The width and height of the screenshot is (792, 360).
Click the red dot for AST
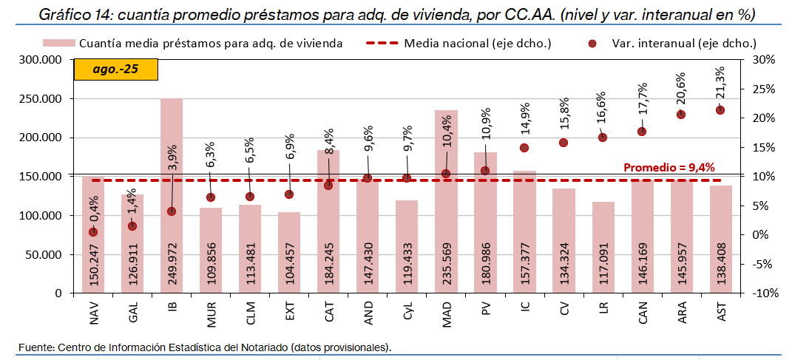coord(720,110)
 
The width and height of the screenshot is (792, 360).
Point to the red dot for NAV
coord(93,232)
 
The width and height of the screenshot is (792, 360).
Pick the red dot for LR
coord(603,137)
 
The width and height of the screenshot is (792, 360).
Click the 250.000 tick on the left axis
coord(40,99)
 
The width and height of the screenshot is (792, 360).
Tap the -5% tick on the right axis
coord(762,264)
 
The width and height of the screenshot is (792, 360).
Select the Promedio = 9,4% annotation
coord(669,167)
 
